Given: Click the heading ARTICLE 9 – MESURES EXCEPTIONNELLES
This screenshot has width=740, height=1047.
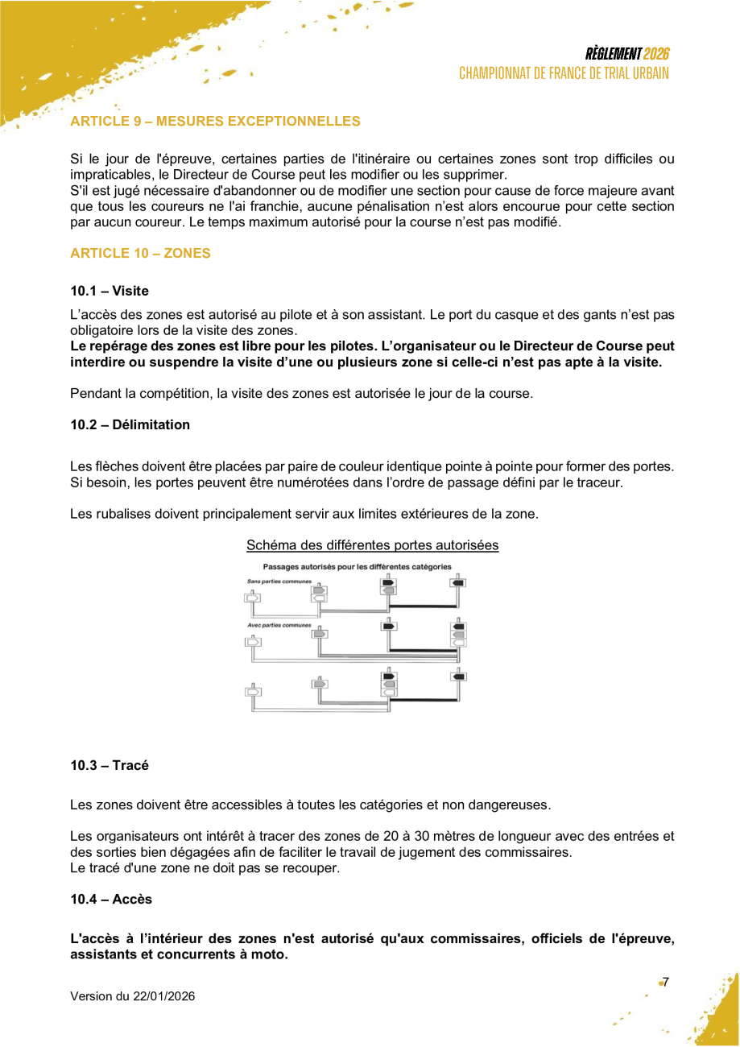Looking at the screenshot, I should pyautogui.click(x=215, y=122).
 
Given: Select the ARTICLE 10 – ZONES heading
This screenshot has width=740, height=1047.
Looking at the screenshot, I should pyautogui.click(x=140, y=253).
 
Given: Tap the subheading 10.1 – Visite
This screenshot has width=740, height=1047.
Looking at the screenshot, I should pyautogui.click(x=110, y=291).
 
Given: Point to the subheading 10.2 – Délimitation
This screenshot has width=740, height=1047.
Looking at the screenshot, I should pyautogui.click(x=130, y=424).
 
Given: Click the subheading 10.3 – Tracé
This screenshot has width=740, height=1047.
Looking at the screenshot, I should pyautogui.click(x=110, y=765).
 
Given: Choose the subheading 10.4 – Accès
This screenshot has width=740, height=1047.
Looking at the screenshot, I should pyautogui.click(x=111, y=899).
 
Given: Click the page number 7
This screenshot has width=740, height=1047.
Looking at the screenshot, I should pyautogui.click(x=666, y=982).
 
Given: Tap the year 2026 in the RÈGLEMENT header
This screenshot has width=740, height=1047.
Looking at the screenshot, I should pyautogui.click(x=656, y=54).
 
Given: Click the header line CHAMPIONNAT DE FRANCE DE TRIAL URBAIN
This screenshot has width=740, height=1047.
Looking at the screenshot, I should pyautogui.click(x=564, y=73).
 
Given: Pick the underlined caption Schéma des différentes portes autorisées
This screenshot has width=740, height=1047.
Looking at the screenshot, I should pyautogui.click(x=372, y=545).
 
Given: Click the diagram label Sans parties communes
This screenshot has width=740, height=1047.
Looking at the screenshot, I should pyautogui.click(x=279, y=581).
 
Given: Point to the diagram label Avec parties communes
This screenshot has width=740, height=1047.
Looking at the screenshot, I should pyautogui.click(x=279, y=625).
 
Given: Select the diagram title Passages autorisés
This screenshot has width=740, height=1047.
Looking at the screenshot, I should pyautogui.click(x=357, y=567).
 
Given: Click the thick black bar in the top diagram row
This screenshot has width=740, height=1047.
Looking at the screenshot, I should pyautogui.click(x=423, y=606).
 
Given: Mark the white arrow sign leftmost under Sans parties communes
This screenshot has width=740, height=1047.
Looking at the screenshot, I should pyautogui.click(x=253, y=598).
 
